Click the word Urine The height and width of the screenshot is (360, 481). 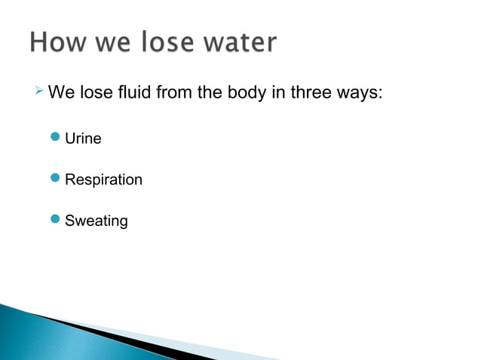83,139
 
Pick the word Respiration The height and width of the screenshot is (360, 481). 103,181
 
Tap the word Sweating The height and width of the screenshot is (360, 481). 97,221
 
